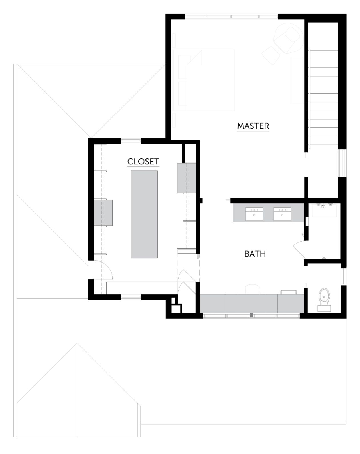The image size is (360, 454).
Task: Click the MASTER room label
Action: [253, 126]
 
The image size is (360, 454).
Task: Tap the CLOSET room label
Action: [143, 162]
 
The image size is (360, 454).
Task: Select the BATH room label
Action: [255, 254]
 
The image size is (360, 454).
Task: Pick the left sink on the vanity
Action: [254, 214]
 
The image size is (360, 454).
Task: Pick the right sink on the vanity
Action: [282, 214]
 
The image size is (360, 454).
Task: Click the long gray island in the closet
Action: [144, 214]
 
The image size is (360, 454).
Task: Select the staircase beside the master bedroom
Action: [323, 97]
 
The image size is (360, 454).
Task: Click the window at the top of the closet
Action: [131, 141]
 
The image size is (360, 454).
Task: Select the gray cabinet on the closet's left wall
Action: [103, 213]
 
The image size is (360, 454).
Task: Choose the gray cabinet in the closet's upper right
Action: [186, 178]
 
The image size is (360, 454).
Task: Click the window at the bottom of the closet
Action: [131, 297]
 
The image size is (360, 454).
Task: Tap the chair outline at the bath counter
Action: [253, 289]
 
